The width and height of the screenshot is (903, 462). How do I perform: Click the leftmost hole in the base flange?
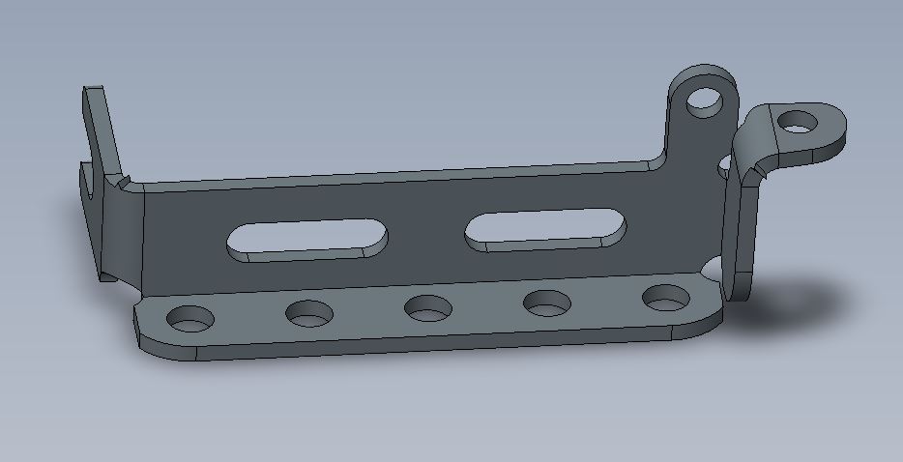pos(190,317)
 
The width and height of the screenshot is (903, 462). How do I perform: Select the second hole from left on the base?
pos(308,312)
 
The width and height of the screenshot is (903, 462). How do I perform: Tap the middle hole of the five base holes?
pos(427,308)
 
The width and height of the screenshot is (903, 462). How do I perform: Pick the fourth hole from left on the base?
pos(546,303)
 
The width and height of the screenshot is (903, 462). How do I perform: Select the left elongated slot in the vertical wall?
pos(306,239)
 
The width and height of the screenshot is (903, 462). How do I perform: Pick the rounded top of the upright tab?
pos(703,73)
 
